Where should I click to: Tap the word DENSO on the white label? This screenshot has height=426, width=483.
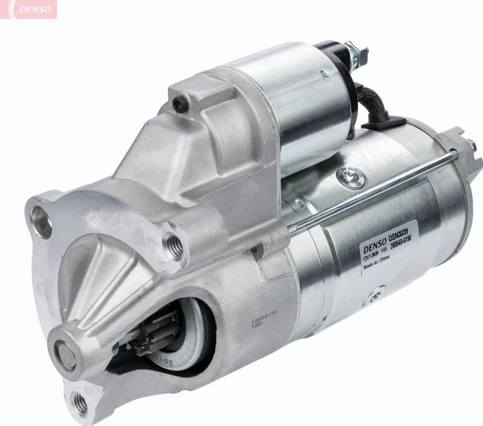(375, 246)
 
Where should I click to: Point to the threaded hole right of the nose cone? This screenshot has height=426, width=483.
(173, 245)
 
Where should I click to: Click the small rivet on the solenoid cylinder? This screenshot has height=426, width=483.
(325, 74)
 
